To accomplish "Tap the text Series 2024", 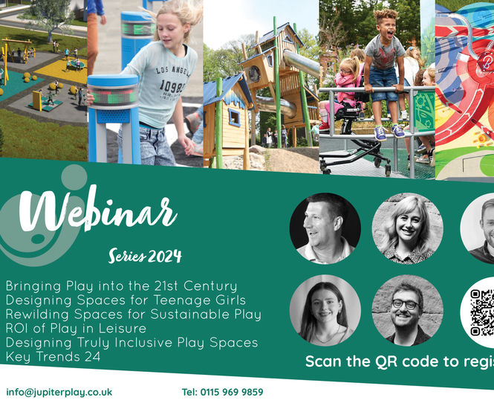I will tap(145, 257).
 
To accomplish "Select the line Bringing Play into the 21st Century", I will tap(121, 286).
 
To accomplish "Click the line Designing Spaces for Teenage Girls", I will tap(125, 300).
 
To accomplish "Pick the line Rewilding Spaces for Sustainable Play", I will tap(133, 314).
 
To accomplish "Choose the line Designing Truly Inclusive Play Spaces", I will tap(131, 342).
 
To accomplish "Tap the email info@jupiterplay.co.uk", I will tap(59, 392).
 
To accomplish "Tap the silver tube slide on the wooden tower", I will tap(293, 63).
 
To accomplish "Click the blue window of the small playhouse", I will tap(234, 117).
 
